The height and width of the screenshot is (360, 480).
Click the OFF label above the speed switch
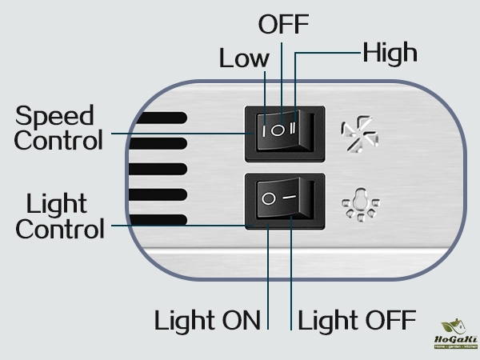click(x=283, y=24)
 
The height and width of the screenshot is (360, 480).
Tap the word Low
click(x=245, y=58)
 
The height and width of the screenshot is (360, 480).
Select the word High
click(x=390, y=54)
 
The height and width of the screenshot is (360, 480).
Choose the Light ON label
click(x=208, y=321)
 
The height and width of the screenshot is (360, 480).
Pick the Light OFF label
click(x=357, y=321)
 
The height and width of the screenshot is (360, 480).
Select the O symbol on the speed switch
click(x=279, y=128)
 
